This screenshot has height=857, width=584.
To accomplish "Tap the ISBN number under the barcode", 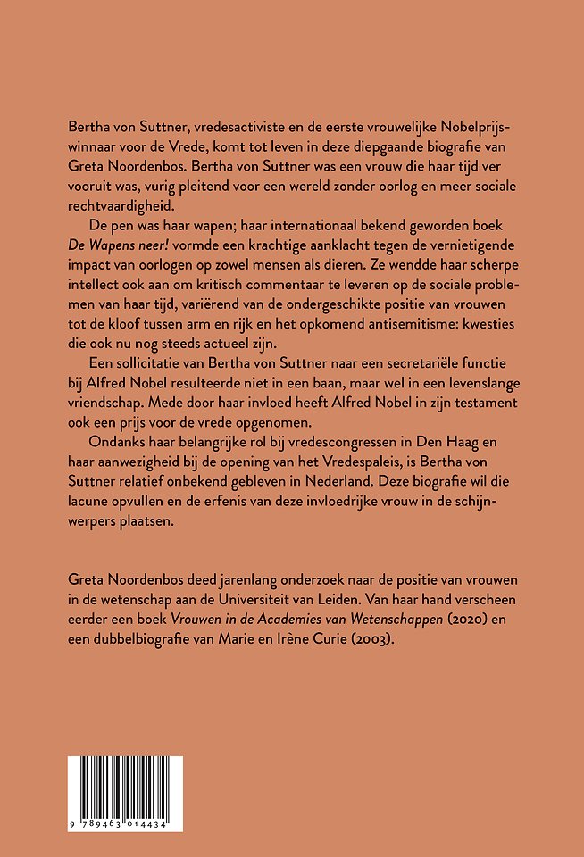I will [x=125, y=822].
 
